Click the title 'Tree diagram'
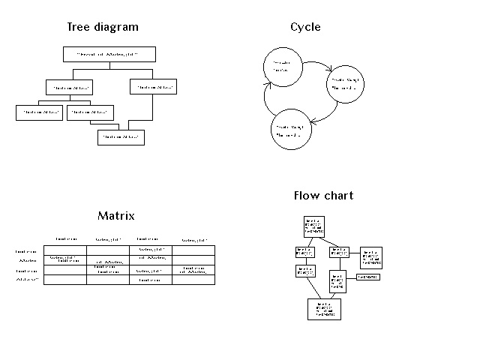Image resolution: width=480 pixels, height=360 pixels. [103, 27]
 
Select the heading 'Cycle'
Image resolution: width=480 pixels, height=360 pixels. [305, 27]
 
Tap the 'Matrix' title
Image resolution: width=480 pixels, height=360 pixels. [116, 216]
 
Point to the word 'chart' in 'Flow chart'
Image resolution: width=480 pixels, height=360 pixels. [338, 196]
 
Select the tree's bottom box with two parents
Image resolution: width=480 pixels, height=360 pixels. [121, 137]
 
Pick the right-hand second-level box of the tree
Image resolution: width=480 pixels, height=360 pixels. [154, 87]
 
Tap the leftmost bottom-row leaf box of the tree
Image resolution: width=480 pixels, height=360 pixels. [39, 112]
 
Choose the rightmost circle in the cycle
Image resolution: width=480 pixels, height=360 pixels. [347, 85]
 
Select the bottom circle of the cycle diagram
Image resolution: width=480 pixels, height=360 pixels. [289, 130]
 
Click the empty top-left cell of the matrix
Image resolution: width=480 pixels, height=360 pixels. [64, 250]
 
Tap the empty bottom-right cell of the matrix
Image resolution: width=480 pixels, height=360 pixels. [193, 280]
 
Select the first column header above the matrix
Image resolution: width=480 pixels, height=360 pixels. [65, 239]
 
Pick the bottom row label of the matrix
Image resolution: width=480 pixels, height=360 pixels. [28, 280]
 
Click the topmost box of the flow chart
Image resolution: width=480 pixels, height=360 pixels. [314, 226]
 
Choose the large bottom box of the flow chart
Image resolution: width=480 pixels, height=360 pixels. [324, 308]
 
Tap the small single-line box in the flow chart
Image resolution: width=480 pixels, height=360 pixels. [367, 277]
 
